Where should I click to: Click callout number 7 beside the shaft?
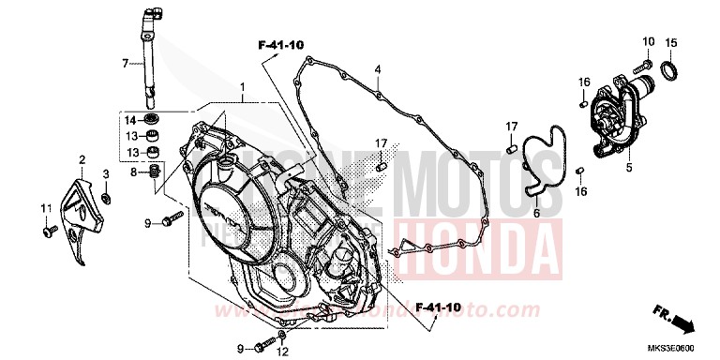(124, 64)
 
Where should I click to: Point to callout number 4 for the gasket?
(378, 69)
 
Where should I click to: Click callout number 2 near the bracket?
(82, 160)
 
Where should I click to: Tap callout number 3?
(106, 174)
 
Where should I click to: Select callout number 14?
(132, 120)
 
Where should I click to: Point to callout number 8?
(133, 172)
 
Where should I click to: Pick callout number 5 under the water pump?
(630, 168)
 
